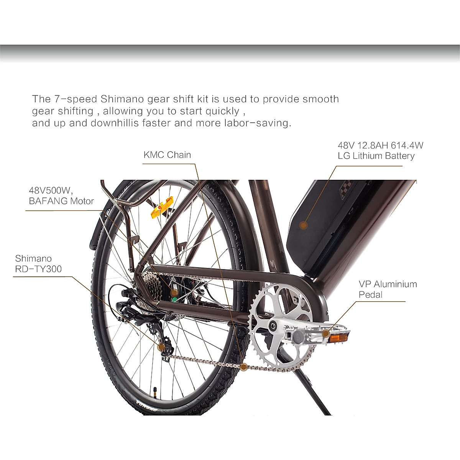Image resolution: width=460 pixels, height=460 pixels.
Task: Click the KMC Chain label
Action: [x=167, y=155]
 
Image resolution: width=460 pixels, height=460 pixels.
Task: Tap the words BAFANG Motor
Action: [x=61, y=201]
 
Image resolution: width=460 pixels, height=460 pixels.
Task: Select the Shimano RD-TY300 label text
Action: [x=38, y=263]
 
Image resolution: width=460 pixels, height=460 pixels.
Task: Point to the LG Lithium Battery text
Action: [x=376, y=156]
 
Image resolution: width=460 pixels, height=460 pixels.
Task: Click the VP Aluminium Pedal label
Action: [x=388, y=289]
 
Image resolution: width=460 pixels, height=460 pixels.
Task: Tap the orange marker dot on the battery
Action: [x=303, y=225]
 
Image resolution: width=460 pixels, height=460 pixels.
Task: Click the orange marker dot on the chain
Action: [x=244, y=367]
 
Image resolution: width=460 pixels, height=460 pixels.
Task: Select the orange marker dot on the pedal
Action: [x=325, y=333]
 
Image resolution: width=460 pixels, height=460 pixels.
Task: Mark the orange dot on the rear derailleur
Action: [x=161, y=346]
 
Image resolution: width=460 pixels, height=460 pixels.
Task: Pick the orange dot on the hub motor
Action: [x=174, y=292]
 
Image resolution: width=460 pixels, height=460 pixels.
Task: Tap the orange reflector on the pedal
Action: [x=338, y=338]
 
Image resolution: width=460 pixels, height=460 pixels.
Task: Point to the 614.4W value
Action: [x=407, y=145]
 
